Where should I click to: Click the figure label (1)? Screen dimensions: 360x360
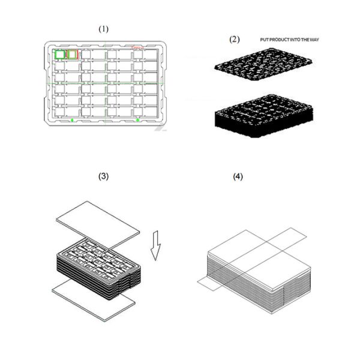pos(104,29)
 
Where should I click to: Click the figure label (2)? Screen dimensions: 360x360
pos(235,40)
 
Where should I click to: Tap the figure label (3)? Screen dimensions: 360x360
pos(103,176)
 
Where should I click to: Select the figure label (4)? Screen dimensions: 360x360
pos(238,176)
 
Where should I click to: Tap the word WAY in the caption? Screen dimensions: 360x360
pos(314,40)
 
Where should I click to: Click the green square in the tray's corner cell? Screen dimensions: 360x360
pos(60,55)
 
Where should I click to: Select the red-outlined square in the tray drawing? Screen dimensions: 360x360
pos(73,55)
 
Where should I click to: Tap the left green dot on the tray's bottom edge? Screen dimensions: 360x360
pos(72,120)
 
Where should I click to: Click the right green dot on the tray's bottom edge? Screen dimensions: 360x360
pos(138,120)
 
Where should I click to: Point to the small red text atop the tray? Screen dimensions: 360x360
pos(138,47)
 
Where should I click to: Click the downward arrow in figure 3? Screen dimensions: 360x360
pos(155,245)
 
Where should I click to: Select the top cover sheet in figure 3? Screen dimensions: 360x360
pos(98,225)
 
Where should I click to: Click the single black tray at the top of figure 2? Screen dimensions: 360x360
pos(263,64)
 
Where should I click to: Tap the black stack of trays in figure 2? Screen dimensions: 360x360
pos(263,116)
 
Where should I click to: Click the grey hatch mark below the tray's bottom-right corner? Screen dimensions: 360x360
pos(160,128)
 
